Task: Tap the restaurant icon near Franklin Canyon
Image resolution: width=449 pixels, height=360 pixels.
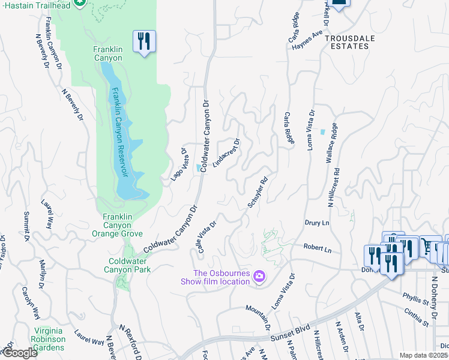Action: click(144, 41)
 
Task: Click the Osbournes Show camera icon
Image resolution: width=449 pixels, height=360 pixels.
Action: click(259, 277)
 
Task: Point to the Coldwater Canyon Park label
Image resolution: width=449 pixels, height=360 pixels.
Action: click(130, 265)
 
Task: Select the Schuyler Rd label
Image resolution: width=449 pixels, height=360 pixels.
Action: click(257, 192)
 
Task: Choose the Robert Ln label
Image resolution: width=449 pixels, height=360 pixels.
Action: click(317, 247)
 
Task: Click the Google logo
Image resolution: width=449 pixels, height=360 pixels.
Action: click(19, 353)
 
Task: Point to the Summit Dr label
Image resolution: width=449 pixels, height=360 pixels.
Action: click(26, 224)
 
